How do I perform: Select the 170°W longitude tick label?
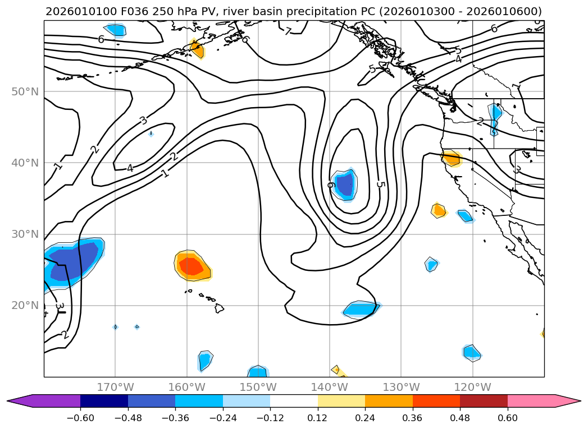click(x=115, y=387)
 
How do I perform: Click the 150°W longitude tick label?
click(x=258, y=387)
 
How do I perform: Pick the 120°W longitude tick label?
click(x=472, y=387)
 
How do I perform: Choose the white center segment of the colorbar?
click(x=294, y=401)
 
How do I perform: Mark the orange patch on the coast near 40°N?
click(x=451, y=158)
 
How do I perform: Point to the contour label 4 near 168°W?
click(x=130, y=168)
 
